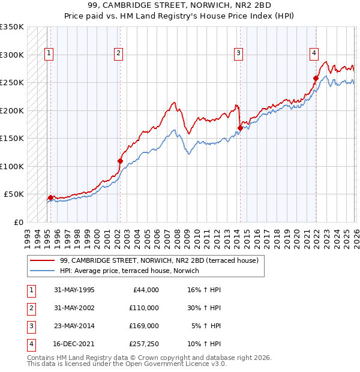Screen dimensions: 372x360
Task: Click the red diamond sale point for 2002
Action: (x=121, y=161)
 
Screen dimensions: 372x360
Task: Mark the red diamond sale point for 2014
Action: (x=240, y=128)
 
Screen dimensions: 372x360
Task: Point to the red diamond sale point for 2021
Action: (x=316, y=78)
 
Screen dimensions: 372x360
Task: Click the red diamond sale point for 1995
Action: (x=50, y=197)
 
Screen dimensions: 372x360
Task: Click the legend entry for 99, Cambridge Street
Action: (x=158, y=260)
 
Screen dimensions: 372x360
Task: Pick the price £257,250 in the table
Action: (x=144, y=344)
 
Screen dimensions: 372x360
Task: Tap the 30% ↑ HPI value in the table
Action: (x=203, y=308)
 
